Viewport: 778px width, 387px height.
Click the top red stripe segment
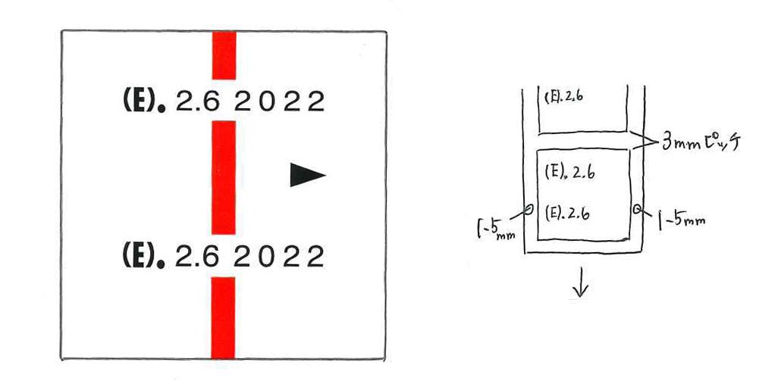point(224,55)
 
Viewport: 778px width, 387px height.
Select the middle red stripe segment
point(224,177)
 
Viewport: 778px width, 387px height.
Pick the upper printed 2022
point(279,101)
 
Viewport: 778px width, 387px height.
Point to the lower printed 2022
point(279,257)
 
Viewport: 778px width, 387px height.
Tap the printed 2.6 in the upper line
point(197,101)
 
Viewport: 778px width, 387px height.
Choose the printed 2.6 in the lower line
point(197,257)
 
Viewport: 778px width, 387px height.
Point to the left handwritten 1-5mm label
point(495,226)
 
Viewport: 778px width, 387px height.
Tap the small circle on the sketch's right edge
point(637,208)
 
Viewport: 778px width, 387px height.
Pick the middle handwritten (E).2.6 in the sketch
point(569,172)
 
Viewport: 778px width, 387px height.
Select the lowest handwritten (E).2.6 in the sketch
point(568,213)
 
